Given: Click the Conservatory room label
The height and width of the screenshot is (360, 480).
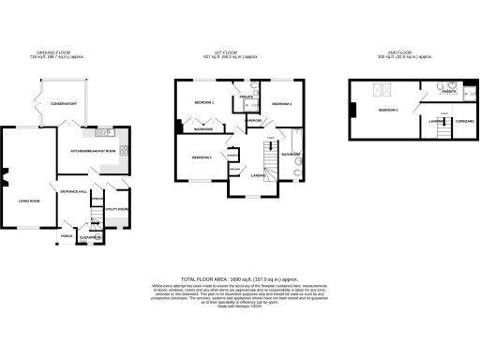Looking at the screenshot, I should pyautogui.click(x=56, y=105).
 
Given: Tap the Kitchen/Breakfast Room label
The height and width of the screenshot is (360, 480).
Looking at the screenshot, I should pyautogui.click(x=93, y=151).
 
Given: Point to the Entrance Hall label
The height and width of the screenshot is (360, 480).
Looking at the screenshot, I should pyautogui.click(x=74, y=191).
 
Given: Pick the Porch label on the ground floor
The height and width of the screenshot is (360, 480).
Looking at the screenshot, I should pyautogui.click(x=67, y=235).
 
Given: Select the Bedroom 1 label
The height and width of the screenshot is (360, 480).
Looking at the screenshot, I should pyautogui.click(x=204, y=101).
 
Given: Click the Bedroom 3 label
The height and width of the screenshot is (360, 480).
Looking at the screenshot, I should pyautogui.click(x=202, y=157).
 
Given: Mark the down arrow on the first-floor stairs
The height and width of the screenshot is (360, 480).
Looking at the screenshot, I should pyautogui.click(x=271, y=139).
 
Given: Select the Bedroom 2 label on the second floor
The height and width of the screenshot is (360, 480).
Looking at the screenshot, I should pyautogui.click(x=389, y=111).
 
